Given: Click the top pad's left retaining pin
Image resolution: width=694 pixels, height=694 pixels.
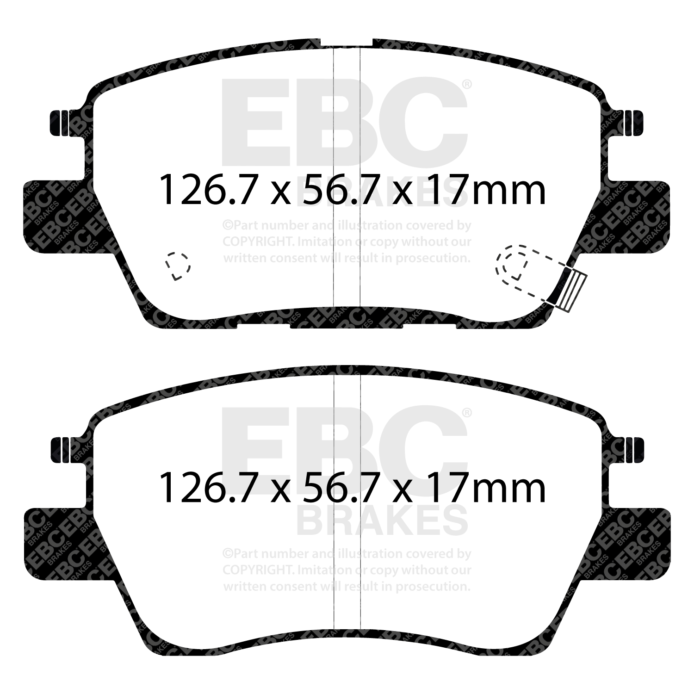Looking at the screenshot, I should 59,123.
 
